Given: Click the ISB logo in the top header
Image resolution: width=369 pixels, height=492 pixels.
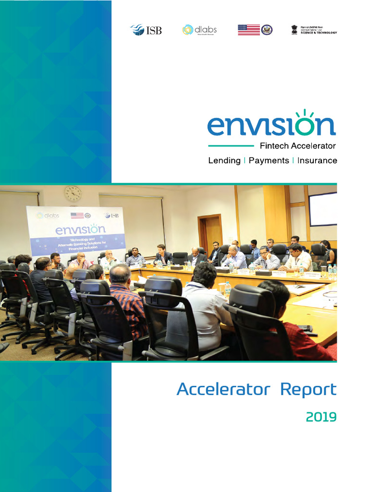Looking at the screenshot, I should coord(146,30).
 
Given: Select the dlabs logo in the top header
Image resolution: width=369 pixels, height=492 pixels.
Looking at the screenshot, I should coord(199,30).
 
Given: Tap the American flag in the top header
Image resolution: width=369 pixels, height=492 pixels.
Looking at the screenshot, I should coord(248,30).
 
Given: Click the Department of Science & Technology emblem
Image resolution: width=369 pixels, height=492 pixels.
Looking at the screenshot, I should coord(294,29).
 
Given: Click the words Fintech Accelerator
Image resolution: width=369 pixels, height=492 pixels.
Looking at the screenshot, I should coord(297,146).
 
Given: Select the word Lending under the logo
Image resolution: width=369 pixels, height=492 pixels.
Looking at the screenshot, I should coord(224,160).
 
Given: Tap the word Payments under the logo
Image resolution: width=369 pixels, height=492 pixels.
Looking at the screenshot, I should coord(269,160).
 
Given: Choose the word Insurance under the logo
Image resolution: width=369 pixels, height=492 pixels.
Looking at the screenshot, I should coord(317,160).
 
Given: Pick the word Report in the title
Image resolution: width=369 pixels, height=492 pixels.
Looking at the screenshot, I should coord(308,389).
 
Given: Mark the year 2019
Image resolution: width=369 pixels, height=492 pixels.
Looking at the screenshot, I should coord(321,417).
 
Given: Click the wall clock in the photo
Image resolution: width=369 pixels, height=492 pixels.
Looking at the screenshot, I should coord(73,194).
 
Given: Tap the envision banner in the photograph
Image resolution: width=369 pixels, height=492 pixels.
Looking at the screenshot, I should coord(76,231).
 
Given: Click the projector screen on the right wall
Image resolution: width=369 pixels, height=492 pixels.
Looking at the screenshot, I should coord(322,209).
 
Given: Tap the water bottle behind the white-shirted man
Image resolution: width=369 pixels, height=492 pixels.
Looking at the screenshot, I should coord(227,289).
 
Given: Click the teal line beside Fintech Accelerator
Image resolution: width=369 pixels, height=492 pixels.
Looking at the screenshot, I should coord(231,146).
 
